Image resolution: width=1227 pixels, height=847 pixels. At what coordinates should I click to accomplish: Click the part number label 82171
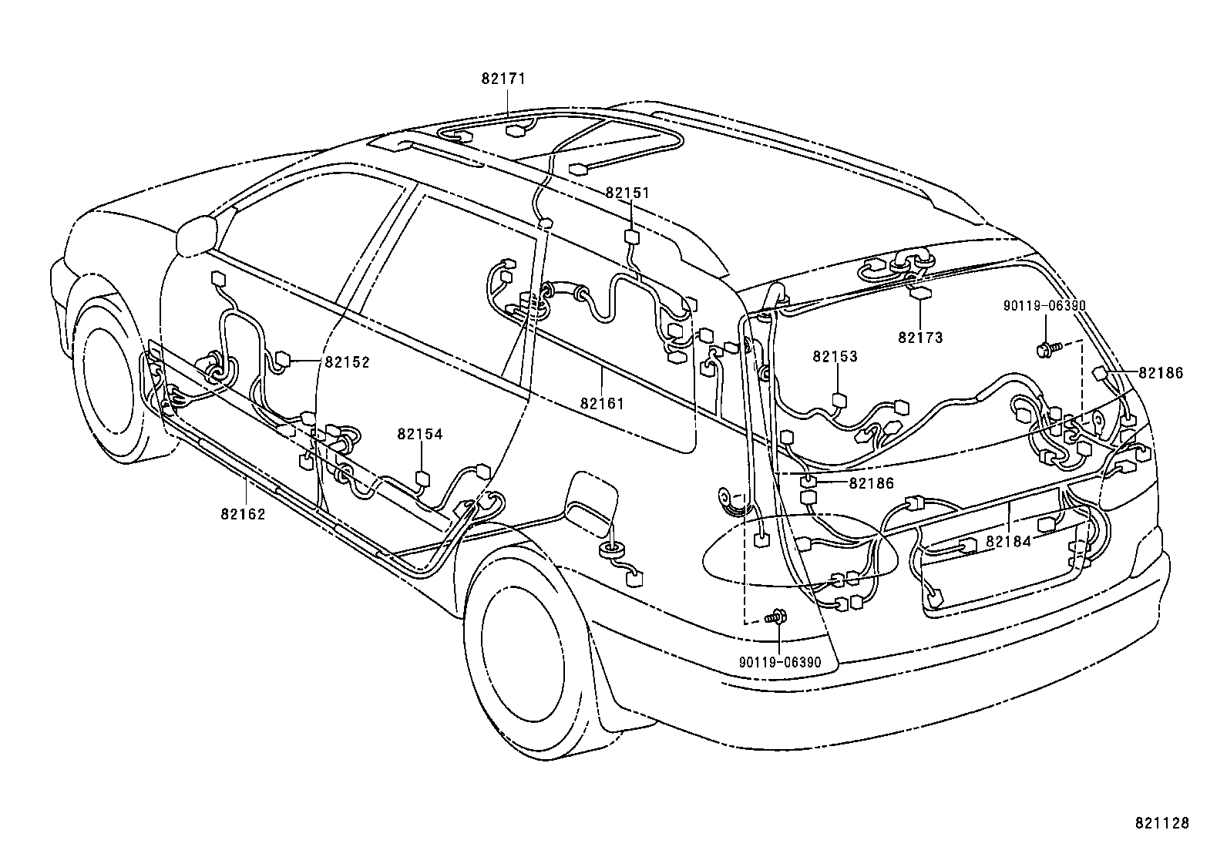click(x=504, y=79)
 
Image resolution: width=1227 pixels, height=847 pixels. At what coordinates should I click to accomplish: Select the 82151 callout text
click(x=627, y=193)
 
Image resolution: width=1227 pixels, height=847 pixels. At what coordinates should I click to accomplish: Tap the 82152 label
click(x=347, y=362)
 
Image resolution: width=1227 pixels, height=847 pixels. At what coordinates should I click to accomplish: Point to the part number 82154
click(x=420, y=435)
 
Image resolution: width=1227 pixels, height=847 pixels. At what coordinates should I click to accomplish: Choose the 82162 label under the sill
click(x=243, y=514)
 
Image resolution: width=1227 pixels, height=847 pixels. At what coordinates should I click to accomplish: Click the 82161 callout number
click(x=602, y=403)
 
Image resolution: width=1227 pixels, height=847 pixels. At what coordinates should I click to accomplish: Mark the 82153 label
click(x=835, y=357)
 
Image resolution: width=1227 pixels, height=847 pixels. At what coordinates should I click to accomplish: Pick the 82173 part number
click(x=920, y=338)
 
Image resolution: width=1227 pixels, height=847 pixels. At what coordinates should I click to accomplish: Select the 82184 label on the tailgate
click(x=1008, y=542)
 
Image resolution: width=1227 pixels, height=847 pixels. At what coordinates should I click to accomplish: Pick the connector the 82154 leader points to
click(x=422, y=479)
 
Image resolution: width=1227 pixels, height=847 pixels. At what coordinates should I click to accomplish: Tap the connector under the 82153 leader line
click(x=839, y=400)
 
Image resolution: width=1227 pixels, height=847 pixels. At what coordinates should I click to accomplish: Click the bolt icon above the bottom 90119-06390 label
click(x=777, y=617)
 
